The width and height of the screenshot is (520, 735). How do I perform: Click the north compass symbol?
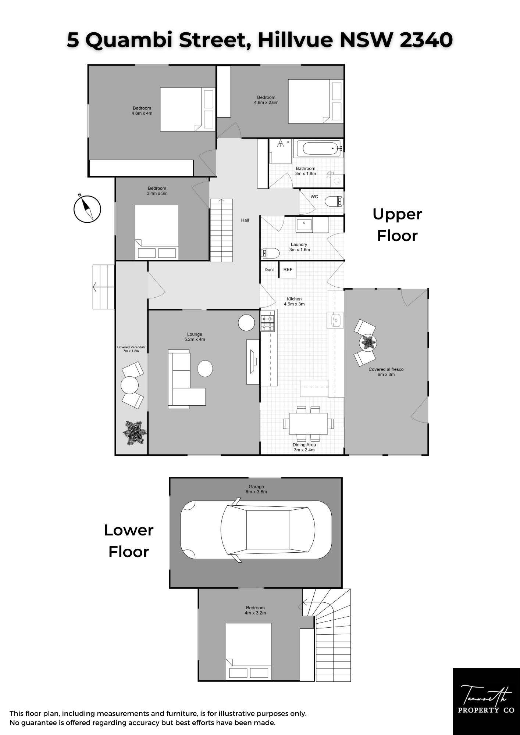click(x=87, y=209)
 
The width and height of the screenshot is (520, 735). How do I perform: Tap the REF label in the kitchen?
click(x=288, y=270)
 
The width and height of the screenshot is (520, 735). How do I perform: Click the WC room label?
click(x=314, y=197)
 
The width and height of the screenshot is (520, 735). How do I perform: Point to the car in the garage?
click(x=256, y=530)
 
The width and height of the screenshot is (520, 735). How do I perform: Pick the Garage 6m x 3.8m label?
click(x=256, y=489)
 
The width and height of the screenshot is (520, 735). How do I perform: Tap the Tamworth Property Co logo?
click(x=486, y=701)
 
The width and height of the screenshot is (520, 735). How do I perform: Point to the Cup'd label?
click(x=269, y=270)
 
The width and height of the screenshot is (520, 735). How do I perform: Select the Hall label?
click(x=245, y=220)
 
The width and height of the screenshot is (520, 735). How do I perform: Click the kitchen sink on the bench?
click(x=335, y=320)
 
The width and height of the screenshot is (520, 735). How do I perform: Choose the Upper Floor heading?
click(x=397, y=225)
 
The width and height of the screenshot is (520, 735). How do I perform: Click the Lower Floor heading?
click(x=129, y=541)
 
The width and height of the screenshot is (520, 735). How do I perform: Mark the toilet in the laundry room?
click(x=270, y=253)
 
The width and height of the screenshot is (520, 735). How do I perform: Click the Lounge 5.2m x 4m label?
click(x=195, y=337)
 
